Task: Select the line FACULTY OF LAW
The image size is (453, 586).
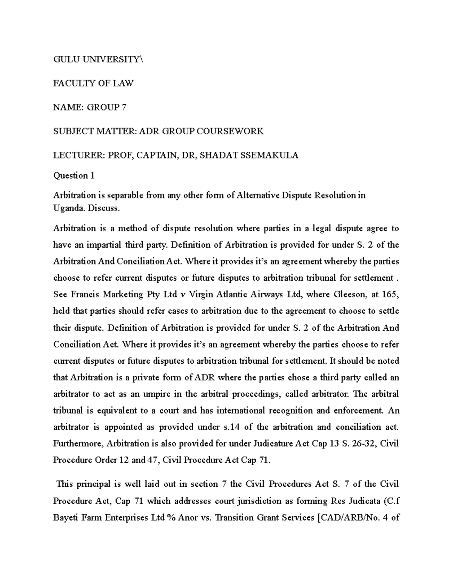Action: (93, 83)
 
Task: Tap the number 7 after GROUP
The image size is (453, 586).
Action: (124, 108)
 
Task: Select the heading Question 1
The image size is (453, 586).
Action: (74, 175)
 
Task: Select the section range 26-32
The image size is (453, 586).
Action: (364, 443)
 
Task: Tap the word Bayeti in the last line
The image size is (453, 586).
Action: (65, 518)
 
